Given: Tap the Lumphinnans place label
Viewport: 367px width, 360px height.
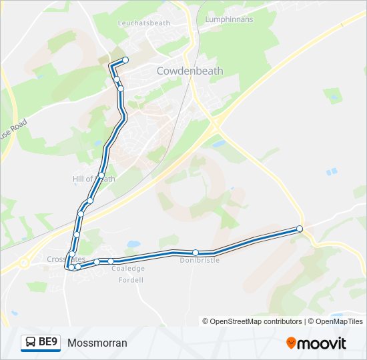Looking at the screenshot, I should coord(229,20).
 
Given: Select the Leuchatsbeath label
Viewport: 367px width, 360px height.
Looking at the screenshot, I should coord(144,23).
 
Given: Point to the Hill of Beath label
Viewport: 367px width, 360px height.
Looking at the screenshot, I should coord(93,179).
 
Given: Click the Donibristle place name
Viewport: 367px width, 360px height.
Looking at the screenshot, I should coord(200,260).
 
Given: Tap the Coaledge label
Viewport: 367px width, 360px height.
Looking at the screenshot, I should coord(128,269).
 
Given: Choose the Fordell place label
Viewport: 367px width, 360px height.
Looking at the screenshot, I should coord(130,280).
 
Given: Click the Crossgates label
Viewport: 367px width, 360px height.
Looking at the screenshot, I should coord(66,259).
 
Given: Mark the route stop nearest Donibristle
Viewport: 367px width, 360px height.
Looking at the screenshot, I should coord(196,252).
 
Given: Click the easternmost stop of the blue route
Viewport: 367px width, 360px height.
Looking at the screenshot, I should coord(300,229).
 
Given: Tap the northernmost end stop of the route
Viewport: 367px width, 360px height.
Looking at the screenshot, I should coord(125,60).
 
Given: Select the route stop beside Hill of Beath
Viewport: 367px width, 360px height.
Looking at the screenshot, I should coord(101,175).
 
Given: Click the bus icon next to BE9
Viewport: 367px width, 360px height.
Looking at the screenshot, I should coord(31,343).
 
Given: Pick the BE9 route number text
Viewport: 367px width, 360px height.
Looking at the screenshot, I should coord(48,343).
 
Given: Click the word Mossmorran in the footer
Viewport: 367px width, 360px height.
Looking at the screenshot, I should coord(97,343).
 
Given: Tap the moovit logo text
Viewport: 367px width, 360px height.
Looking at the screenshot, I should coord(322,343).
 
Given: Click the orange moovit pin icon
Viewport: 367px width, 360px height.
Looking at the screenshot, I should coord(291,343).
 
